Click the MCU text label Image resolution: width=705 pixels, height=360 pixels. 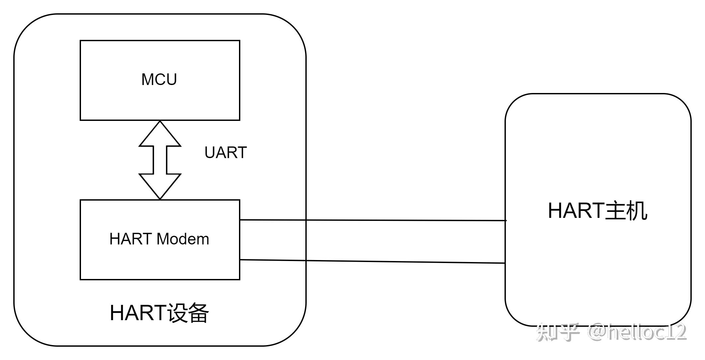tap(159, 80)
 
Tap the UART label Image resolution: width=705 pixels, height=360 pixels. tap(225, 153)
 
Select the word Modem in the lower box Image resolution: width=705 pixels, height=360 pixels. tap(183, 239)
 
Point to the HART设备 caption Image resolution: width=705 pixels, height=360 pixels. tap(159, 313)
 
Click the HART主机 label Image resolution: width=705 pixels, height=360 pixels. tap(597, 211)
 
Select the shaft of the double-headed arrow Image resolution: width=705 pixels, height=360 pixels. tap(160, 160)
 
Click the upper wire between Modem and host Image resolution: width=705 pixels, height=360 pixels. tap(372, 220)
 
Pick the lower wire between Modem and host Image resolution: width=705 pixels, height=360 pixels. tap(372, 261)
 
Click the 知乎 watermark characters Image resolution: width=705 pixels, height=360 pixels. tap(558, 332)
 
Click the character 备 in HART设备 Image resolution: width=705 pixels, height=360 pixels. tap(198, 313)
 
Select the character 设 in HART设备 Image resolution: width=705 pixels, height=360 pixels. tap(178, 313)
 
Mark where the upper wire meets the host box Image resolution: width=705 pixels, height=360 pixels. tap(505, 221)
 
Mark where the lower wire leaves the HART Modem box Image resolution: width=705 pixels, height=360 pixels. tap(240, 260)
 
